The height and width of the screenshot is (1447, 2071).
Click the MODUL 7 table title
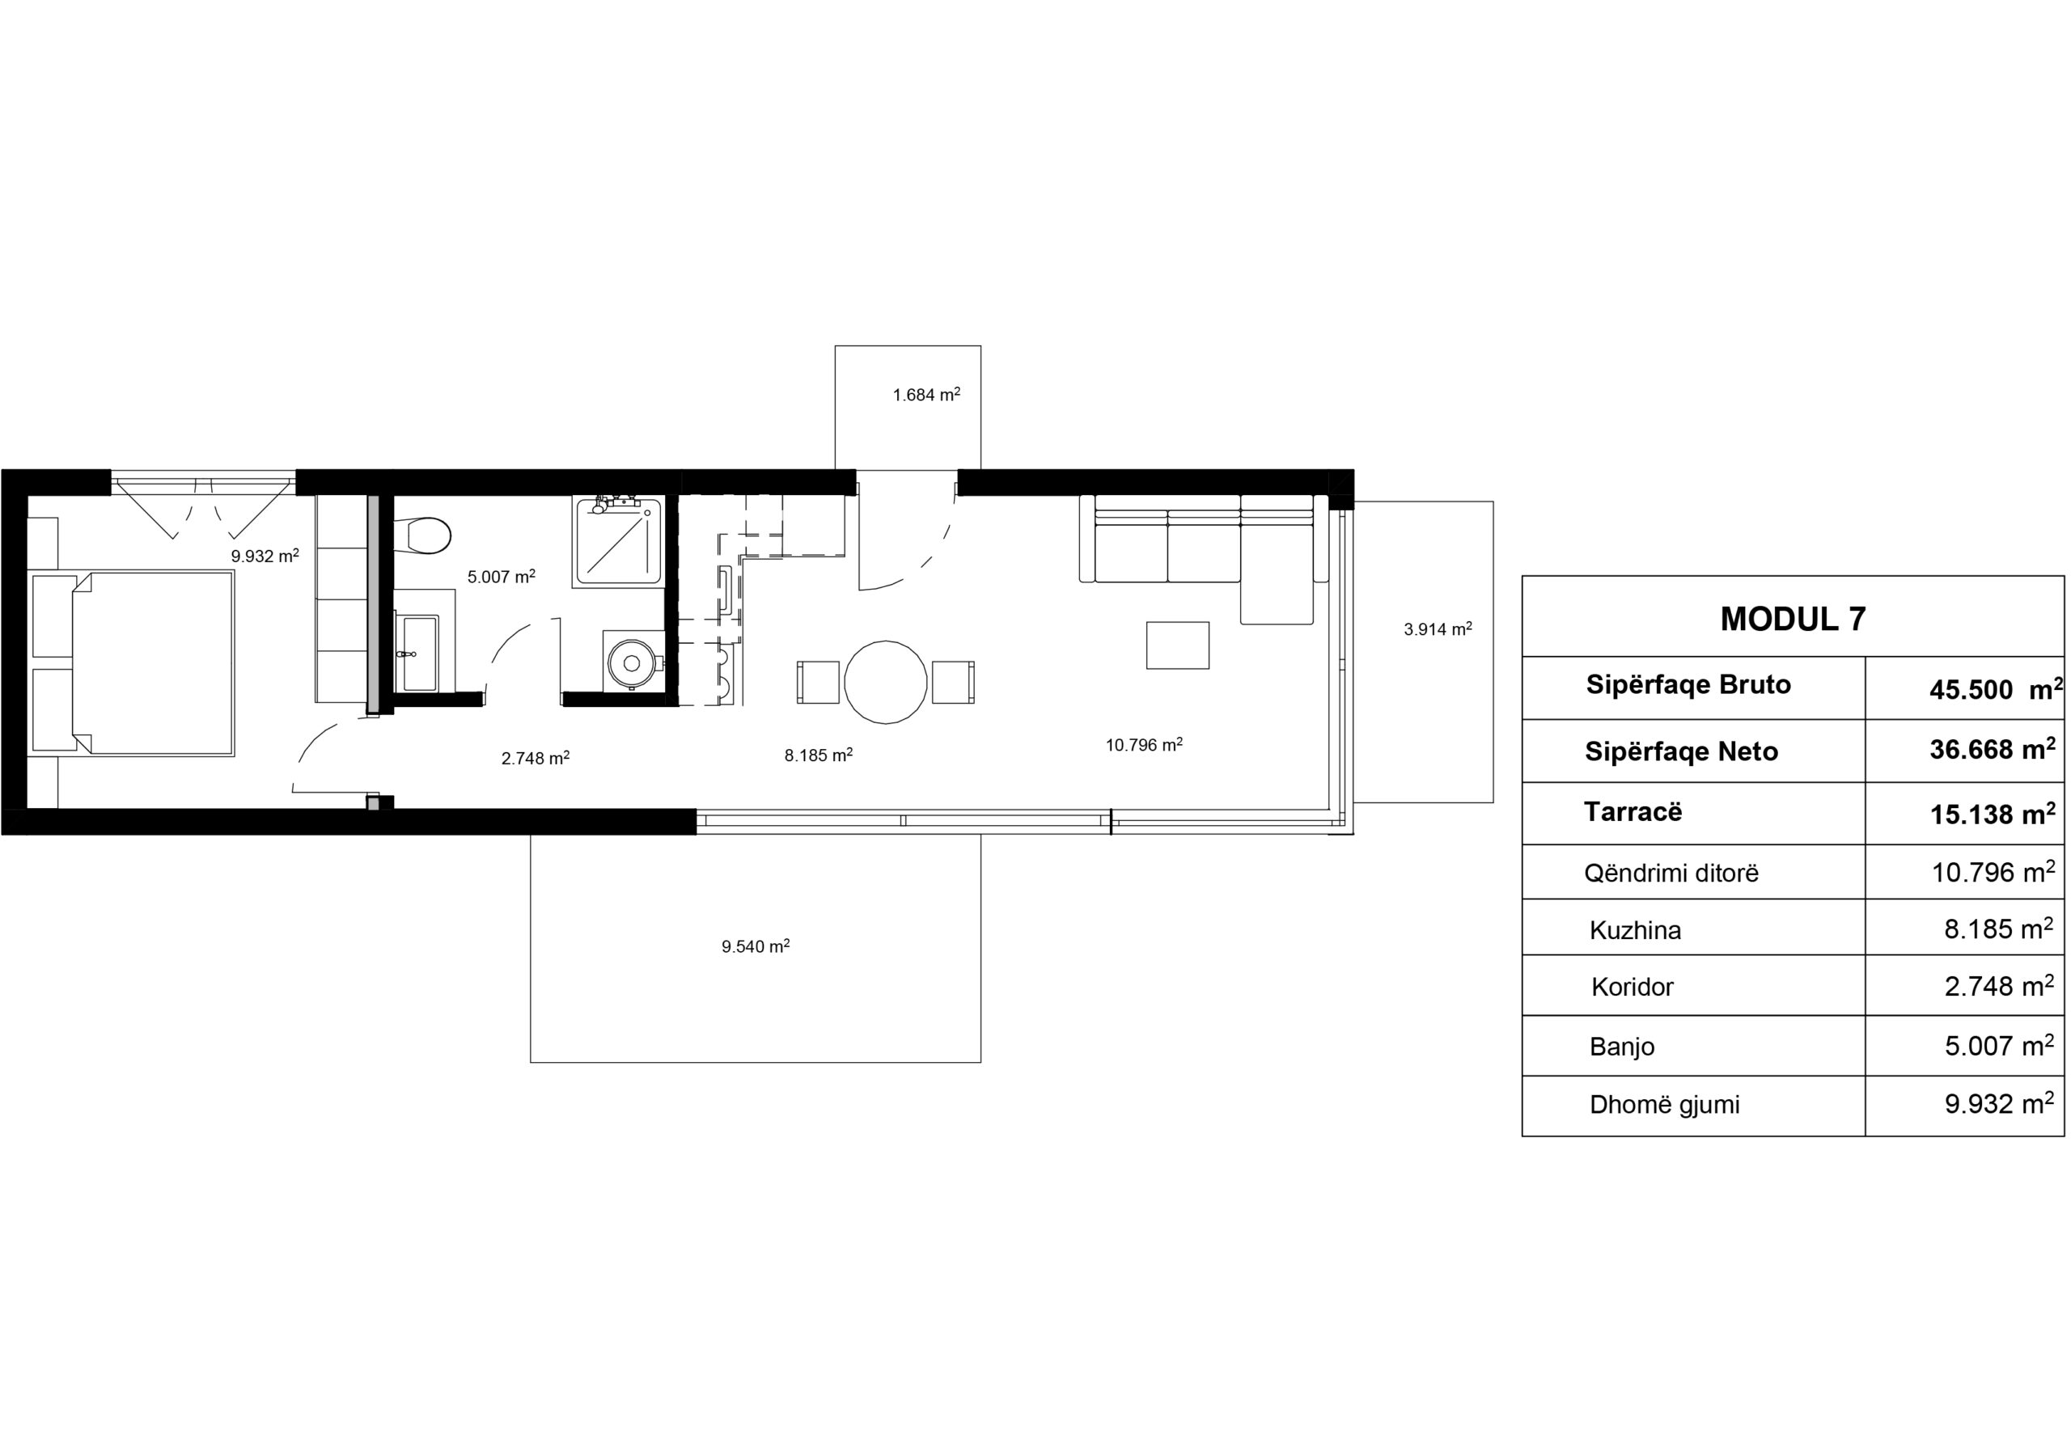click(1792, 619)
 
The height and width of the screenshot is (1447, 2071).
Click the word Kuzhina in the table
click(1634, 929)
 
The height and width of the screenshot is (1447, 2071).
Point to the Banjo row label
click(1622, 1047)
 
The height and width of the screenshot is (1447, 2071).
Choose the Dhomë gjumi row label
click(1664, 1104)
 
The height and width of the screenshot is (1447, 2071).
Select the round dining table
click(885, 683)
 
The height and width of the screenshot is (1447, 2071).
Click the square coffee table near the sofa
click(1177, 645)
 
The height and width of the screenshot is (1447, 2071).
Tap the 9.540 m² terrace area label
click(755, 946)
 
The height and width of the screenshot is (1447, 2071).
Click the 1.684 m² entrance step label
click(926, 395)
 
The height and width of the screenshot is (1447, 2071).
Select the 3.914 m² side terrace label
click(1438, 629)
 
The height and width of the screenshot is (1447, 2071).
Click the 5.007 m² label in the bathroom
click(502, 577)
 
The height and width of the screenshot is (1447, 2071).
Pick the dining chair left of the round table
click(818, 683)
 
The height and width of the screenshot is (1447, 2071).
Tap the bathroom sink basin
click(417, 653)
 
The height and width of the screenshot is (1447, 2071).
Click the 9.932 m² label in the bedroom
click(265, 556)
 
